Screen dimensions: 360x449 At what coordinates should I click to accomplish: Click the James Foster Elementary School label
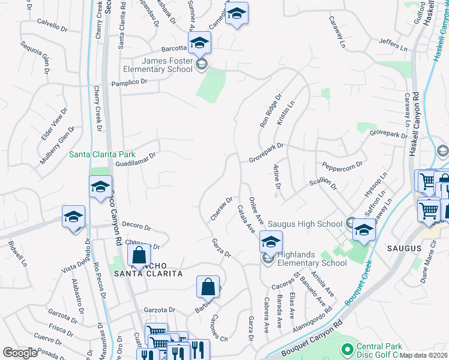coord(165,65)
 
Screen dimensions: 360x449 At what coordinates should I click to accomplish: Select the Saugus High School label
coord(305,224)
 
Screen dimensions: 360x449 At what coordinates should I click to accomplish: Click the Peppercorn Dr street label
coord(343,163)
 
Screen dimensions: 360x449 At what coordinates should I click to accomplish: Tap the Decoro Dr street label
coord(136,226)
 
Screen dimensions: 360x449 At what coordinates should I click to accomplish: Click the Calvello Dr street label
coord(52,25)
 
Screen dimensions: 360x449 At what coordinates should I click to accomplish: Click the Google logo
coord(19,352)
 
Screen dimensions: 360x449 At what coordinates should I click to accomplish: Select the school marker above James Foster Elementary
coord(199,42)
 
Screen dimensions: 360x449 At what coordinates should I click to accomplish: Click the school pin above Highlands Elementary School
coord(271,242)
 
